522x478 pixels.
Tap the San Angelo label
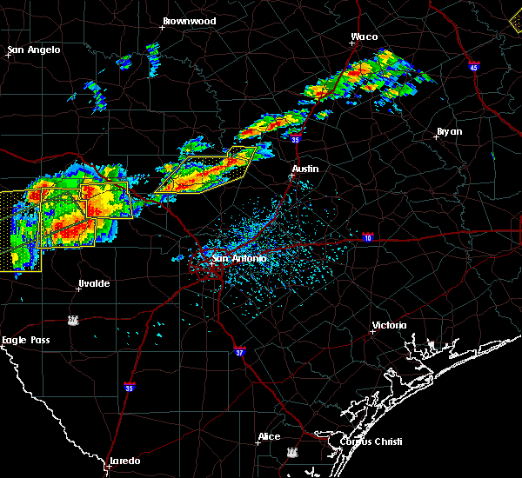coord(35,50)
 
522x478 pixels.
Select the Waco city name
coord(364,37)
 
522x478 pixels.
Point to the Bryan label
coord(449,131)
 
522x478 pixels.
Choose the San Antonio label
coord(239,258)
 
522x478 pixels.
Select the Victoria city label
coord(389,325)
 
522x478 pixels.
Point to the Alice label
coord(269,436)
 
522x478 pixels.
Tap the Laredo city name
coord(124,461)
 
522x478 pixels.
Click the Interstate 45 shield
coord(473,67)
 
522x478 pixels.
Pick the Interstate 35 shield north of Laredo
coord(129,387)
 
